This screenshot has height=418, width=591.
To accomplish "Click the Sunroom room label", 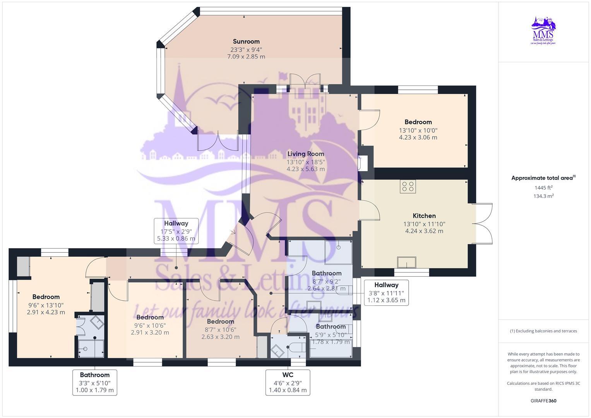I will [x=246, y=41].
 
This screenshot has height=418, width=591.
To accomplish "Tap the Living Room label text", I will [x=305, y=154].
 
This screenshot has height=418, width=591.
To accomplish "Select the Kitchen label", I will [x=424, y=216].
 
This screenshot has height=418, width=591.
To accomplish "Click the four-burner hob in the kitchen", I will [x=408, y=186].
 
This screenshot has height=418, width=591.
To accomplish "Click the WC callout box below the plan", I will [x=288, y=382].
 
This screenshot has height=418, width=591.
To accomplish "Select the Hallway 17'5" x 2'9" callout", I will [x=176, y=231].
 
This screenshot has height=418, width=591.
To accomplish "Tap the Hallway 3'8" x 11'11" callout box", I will [x=386, y=292].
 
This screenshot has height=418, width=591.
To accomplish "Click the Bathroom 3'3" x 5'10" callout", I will [x=95, y=382].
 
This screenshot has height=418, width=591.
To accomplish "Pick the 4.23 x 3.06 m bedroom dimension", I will [x=418, y=137].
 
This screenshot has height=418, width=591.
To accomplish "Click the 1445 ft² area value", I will [x=543, y=188].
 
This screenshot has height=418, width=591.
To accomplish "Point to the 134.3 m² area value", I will [x=543, y=196].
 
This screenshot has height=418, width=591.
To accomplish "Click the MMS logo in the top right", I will [x=543, y=31].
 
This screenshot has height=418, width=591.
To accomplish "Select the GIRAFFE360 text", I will [x=543, y=401].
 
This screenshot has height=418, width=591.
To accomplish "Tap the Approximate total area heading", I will [x=543, y=178].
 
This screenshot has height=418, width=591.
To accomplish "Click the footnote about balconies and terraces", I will [x=543, y=331].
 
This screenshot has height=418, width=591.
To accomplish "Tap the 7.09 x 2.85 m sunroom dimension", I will [x=246, y=57].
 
